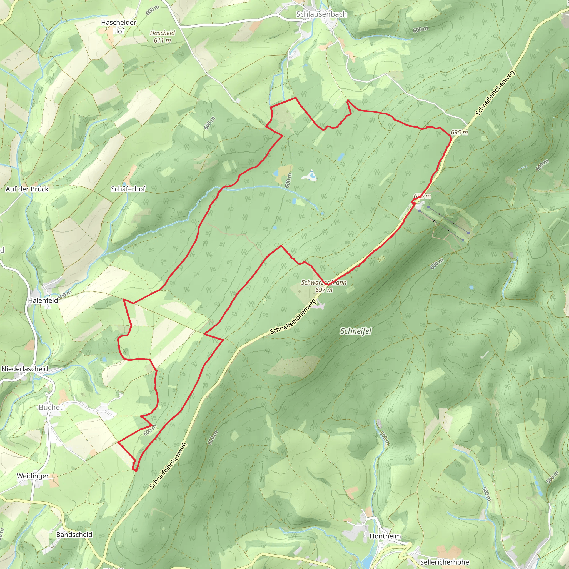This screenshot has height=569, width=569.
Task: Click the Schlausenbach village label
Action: click(x=321, y=14)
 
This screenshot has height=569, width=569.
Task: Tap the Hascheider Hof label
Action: click(x=118, y=26)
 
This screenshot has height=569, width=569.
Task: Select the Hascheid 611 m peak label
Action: click(x=162, y=36)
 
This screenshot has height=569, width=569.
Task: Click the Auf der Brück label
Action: click(x=27, y=189)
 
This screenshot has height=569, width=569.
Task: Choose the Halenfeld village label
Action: click(x=43, y=300)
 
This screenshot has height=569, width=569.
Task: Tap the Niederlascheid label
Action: click(x=25, y=369)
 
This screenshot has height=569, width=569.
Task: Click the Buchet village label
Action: click(x=51, y=407)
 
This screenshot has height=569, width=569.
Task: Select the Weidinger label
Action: click(x=33, y=476)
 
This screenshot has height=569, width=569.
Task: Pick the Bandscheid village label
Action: click(x=74, y=535)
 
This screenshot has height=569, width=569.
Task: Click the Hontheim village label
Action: click(x=385, y=536)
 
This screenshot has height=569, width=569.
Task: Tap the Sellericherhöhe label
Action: click(x=445, y=562)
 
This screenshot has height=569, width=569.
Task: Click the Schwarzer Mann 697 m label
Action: click(x=324, y=286)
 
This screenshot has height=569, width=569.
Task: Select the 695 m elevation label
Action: click(x=459, y=132)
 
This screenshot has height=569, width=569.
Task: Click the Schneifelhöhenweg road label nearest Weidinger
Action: click(x=168, y=465)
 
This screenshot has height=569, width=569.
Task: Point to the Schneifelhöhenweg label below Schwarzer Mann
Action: click(x=293, y=317)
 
